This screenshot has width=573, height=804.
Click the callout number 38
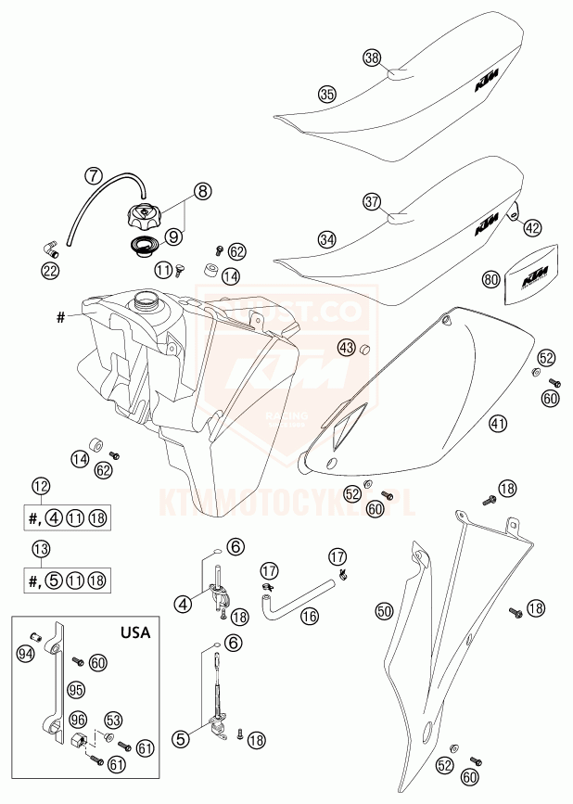tap(372, 58)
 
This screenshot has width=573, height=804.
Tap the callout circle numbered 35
tap(325, 94)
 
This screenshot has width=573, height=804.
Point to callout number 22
tap(50, 271)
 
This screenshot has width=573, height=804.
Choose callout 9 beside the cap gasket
tap(174, 236)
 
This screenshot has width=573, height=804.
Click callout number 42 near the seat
tap(531, 226)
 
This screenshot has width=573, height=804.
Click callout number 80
tap(491, 278)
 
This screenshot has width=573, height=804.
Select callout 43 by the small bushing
tap(346, 348)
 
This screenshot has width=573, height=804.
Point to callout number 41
tap(499, 424)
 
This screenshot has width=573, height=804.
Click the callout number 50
tap(384, 610)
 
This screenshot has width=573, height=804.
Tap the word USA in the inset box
tap(138, 633)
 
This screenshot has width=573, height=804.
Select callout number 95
tap(76, 689)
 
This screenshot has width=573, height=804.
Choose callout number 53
tap(114, 719)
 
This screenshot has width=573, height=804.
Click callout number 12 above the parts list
tap(40, 485)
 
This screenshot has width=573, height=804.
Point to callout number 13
tap(40, 548)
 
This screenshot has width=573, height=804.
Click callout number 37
tap(372, 201)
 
